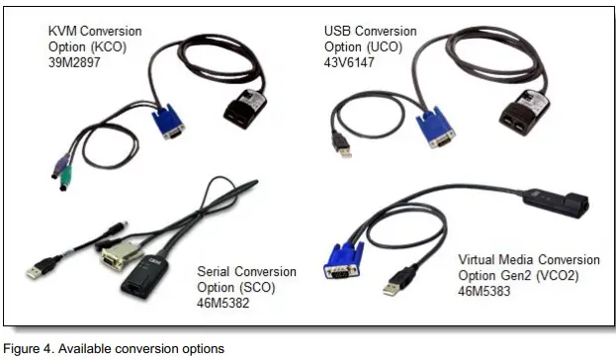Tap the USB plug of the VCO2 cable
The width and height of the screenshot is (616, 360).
pyautogui.click(x=392, y=288)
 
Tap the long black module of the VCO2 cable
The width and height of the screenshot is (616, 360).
pyautogui.click(x=556, y=201)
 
